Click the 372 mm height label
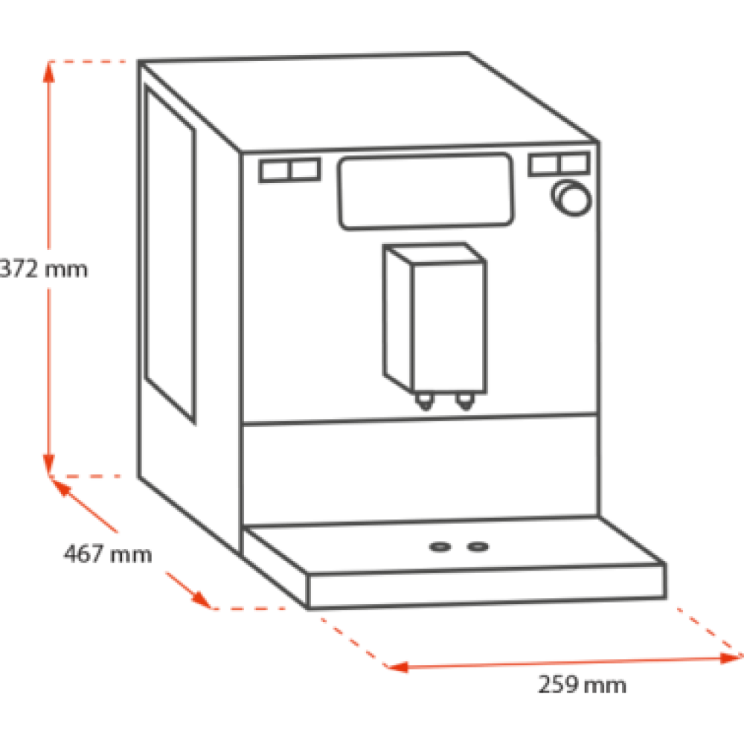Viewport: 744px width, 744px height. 45,269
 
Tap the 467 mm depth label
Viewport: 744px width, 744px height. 107,554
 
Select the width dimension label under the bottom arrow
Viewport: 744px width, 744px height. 582,685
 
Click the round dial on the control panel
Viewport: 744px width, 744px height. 571,198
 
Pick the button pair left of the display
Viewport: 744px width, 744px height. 290,170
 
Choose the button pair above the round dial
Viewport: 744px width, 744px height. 559,164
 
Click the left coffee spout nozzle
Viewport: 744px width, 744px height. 425,403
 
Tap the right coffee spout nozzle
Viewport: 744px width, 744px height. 465,403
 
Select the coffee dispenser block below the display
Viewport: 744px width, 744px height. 435,320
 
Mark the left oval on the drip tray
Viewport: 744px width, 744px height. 440,548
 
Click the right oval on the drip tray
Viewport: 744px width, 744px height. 477,548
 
